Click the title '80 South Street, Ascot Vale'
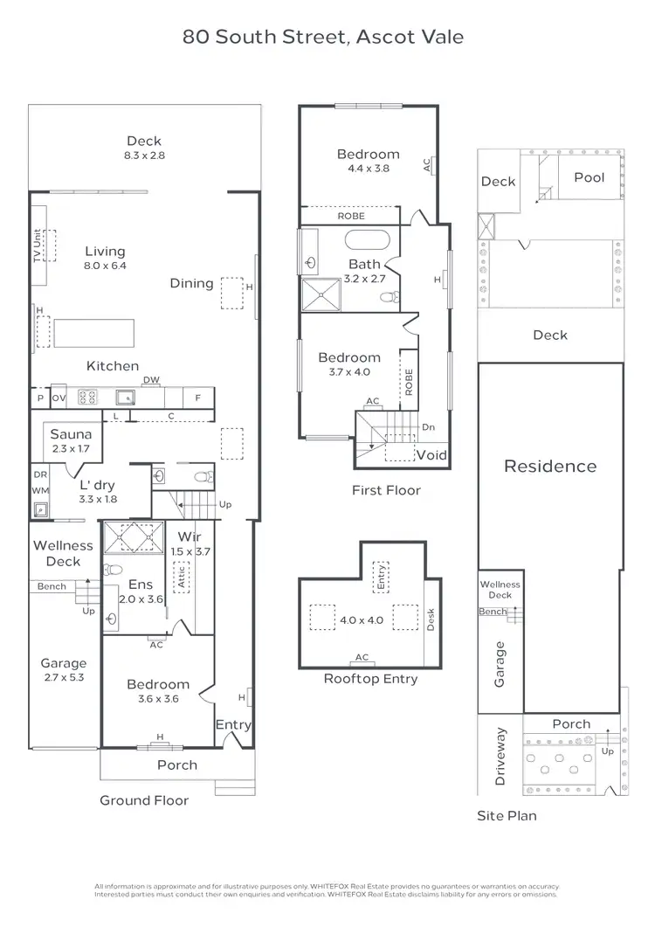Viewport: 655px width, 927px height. click(x=322, y=37)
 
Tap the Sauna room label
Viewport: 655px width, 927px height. click(x=71, y=434)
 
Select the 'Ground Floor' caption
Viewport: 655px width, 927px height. click(x=143, y=800)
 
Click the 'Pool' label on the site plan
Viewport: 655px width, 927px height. click(x=589, y=177)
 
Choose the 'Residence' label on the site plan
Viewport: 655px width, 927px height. click(x=550, y=466)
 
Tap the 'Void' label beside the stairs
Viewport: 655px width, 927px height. click(x=431, y=455)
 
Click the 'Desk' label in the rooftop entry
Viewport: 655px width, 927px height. click(x=430, y=619)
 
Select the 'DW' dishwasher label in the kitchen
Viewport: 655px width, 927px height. click(x=150, y=380)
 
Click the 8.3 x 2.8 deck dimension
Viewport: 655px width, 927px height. click(x=144, y=156)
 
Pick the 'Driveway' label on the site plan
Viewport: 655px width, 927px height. click(x=500, y=757)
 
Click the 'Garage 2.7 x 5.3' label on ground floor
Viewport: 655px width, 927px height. click(x=64, y=669)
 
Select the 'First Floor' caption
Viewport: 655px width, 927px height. click(x=386, y=490)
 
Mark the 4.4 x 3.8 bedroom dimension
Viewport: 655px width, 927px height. click(x=368, y=169)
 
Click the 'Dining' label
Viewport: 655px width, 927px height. click(x=191, y=283)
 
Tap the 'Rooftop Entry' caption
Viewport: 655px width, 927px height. click(x=370, y=679)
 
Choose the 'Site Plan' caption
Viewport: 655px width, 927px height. click(x=507, y=816)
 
